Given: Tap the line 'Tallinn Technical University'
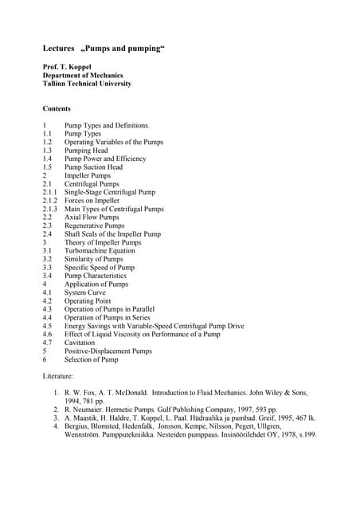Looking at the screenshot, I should [x=87, y=84].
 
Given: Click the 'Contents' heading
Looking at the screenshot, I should [x=57, y=108].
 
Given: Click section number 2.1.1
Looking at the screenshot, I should [x=49, y=192].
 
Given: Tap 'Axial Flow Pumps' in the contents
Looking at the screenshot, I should [x=92, y=218].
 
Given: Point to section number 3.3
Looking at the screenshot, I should [x=47, y=268].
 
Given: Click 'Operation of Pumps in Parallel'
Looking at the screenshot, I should [x=110, y=309].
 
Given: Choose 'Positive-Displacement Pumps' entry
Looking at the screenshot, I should [x=108, y=351].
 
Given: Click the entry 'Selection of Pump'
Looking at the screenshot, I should [x=92, y=359].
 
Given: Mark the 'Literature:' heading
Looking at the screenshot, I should [x=58, y=375].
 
